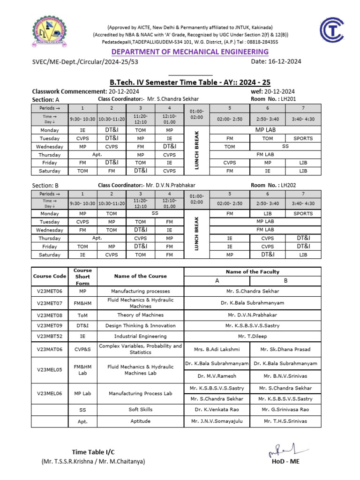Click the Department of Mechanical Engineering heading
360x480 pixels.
(180, 52)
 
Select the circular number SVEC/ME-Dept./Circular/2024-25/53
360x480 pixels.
(85, 61)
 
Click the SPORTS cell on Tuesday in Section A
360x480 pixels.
(303, 138)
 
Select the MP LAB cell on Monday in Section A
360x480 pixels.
(265, 130)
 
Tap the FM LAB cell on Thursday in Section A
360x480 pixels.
(265, 155)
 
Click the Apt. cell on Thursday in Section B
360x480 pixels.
(97, 238)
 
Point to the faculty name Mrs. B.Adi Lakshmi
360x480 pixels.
(217, 349)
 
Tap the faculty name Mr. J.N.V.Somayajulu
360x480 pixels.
(217, 421)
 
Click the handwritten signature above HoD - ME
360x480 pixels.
(284, 451)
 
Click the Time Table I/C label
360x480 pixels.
(93, 452)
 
